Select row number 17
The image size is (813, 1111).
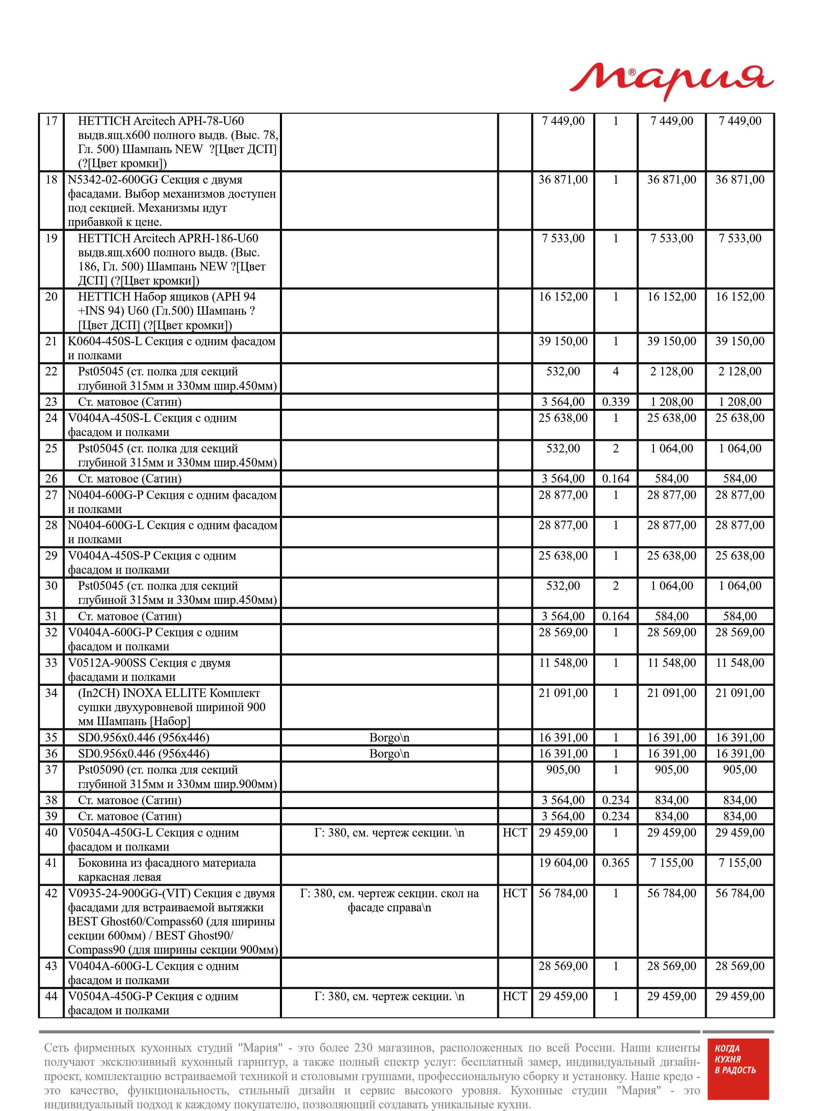tap(51, 121)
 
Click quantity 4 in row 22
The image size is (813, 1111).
tap(615, 371)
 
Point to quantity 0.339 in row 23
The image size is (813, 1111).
tap(615, 402)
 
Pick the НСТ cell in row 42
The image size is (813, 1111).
tap(514, 894)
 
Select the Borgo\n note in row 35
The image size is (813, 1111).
tap(389, 738)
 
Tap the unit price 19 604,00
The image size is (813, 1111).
tap(563, 863)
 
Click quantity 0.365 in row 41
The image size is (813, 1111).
tap(615, 863)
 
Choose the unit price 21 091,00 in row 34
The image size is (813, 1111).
tap(563, 693)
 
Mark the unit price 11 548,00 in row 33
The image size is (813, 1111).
tap(563, 663)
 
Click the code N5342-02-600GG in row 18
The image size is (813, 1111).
tap(113, 180)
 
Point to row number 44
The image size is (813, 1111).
tap(51, 996)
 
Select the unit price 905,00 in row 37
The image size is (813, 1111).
tap(563, 769)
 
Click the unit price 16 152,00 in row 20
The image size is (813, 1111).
tap(563, 297)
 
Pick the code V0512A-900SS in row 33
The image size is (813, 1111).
tap(107, 663)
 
